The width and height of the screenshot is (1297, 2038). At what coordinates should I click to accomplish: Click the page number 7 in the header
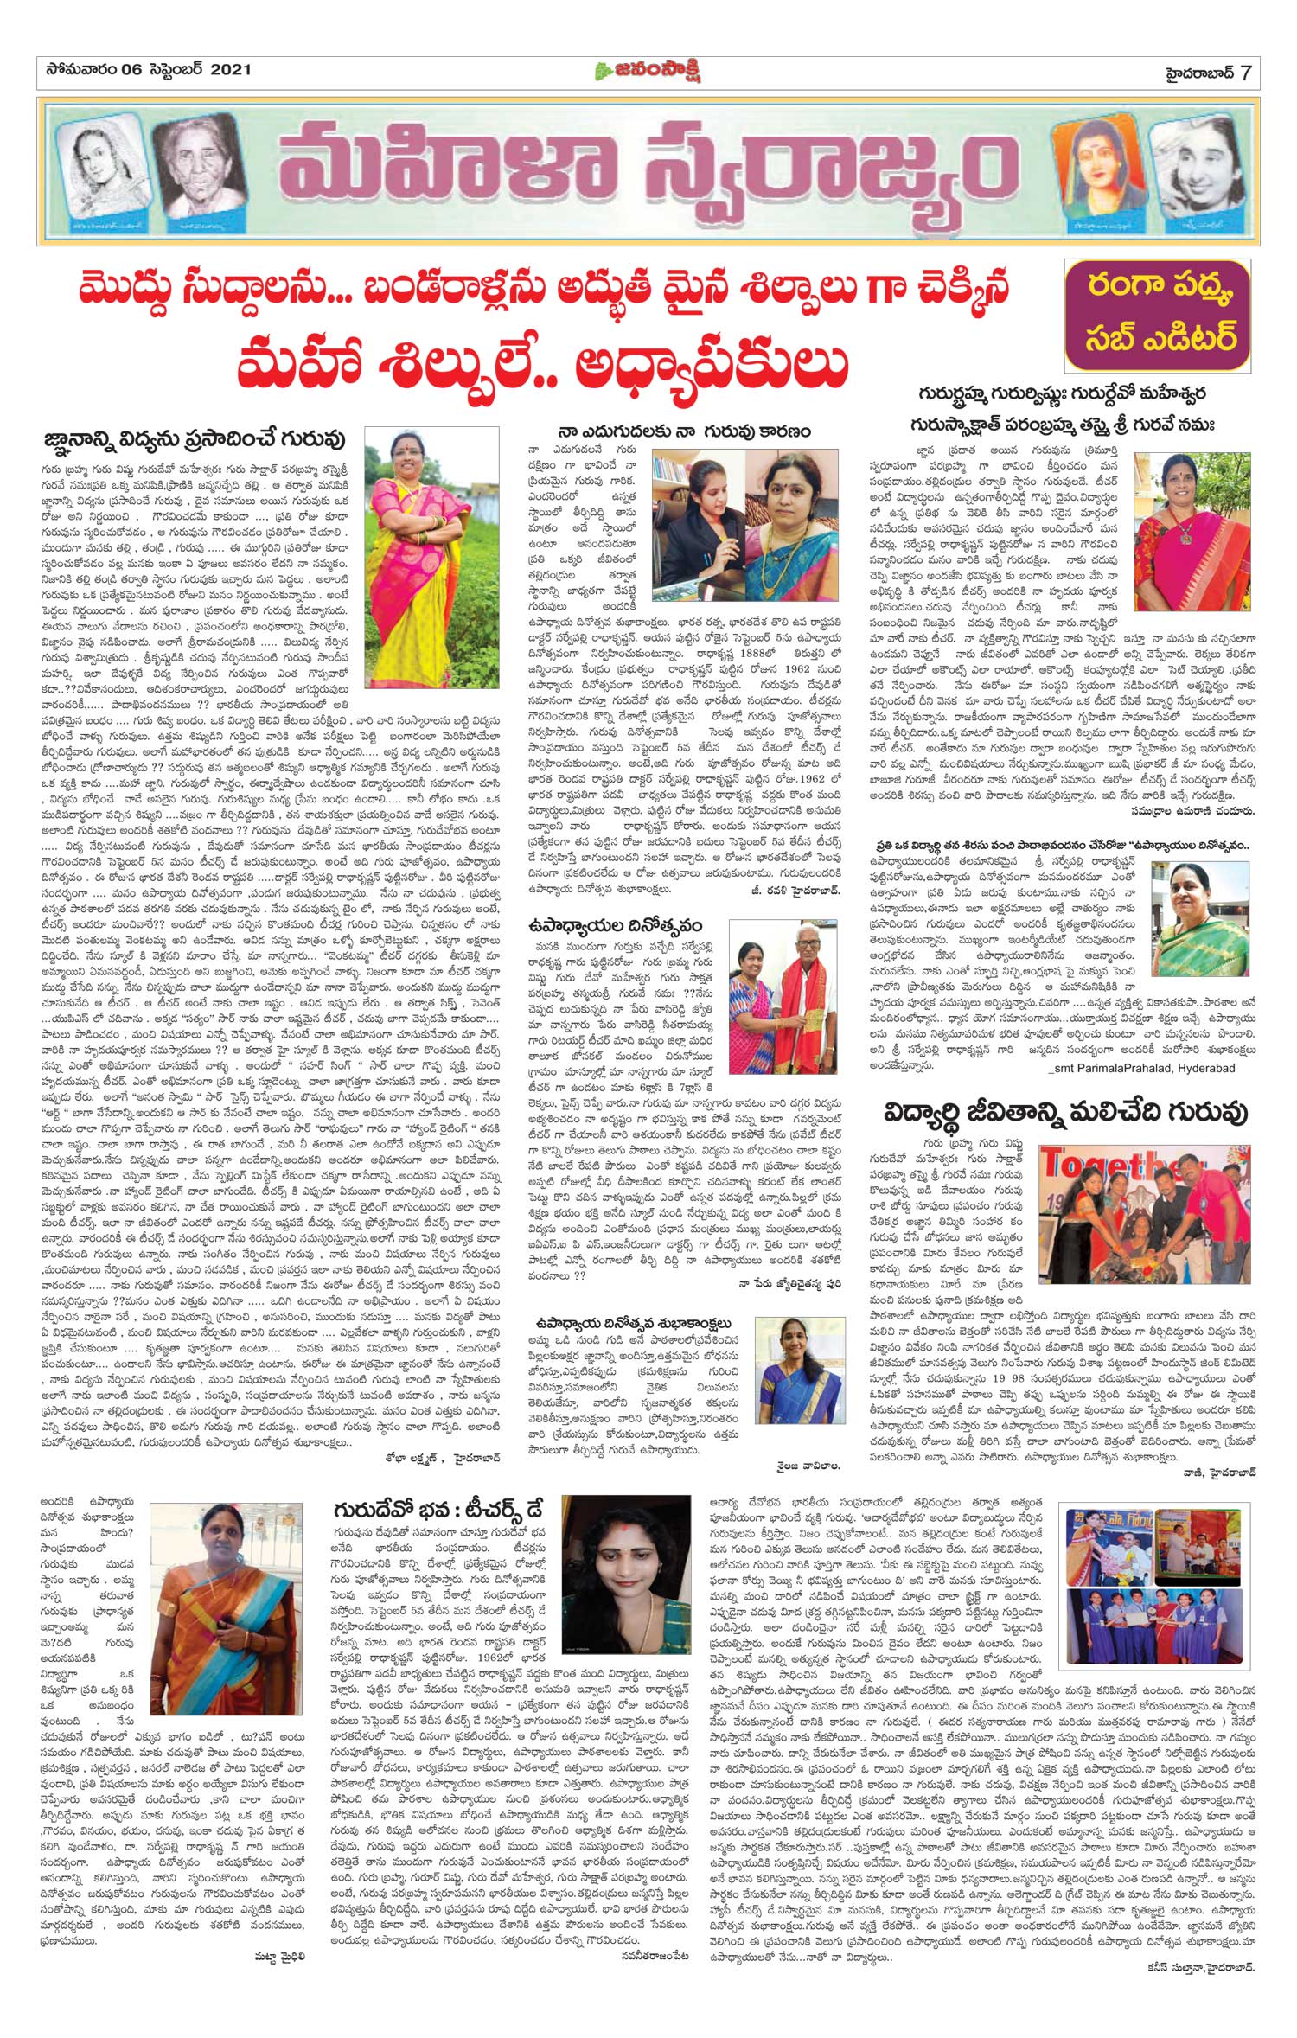tap(1244, 73)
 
